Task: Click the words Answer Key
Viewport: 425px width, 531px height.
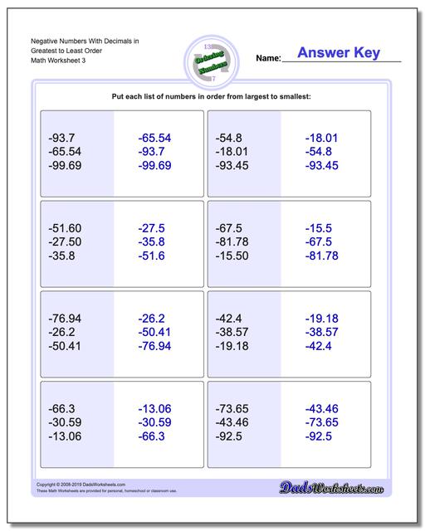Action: [x=339, y=53]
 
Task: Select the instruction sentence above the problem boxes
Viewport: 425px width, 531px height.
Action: [x=212, y=97]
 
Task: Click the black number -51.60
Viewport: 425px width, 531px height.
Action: [x=66, y=228]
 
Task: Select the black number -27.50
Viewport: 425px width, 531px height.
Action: [x=66, y=241]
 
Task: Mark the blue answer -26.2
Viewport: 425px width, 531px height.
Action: [x=151, y=319]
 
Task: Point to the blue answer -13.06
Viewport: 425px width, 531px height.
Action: [x=154, y=408]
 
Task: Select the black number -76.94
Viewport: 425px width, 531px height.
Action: [x=66, y=319]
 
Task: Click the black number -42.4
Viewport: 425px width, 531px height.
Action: [x=228, y=319]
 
